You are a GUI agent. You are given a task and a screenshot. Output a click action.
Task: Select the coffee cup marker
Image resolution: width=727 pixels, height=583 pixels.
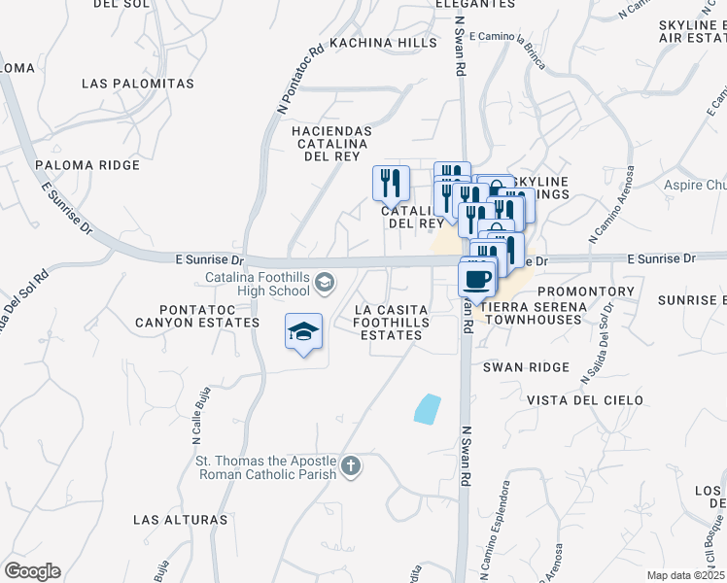click(476, 280)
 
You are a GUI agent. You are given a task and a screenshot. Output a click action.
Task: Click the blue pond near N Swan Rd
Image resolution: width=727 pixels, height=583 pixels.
click(427, 409)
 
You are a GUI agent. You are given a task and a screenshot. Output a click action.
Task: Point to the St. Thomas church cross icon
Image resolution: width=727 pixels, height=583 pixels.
click(350, 467)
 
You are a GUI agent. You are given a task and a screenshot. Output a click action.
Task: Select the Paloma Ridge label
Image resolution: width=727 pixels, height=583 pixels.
click(87, 165)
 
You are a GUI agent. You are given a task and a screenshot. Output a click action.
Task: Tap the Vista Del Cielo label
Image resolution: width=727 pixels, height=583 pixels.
click(585, 399)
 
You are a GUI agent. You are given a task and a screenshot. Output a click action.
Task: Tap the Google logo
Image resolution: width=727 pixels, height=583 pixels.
click(32, 571)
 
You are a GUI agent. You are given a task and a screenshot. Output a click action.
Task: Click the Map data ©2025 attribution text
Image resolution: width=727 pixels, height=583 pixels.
click(685, 575)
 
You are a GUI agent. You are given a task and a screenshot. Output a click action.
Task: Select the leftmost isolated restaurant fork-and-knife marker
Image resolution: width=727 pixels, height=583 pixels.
click(391, 182)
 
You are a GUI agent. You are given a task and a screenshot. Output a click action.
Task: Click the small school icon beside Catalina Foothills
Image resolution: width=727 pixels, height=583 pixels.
click(325, 283)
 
